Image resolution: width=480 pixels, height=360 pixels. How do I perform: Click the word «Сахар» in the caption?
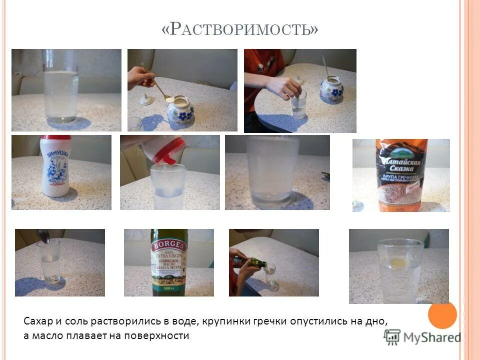point(37,320)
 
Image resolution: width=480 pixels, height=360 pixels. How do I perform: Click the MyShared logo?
point(422,337)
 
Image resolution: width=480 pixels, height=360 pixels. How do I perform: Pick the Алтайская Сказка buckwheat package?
point(401,175)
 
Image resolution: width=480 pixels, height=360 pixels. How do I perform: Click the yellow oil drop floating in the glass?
point(398,262)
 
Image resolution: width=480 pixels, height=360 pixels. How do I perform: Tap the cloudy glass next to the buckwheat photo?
point(272,172)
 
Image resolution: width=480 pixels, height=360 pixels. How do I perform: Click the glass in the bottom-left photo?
point(48,261)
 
